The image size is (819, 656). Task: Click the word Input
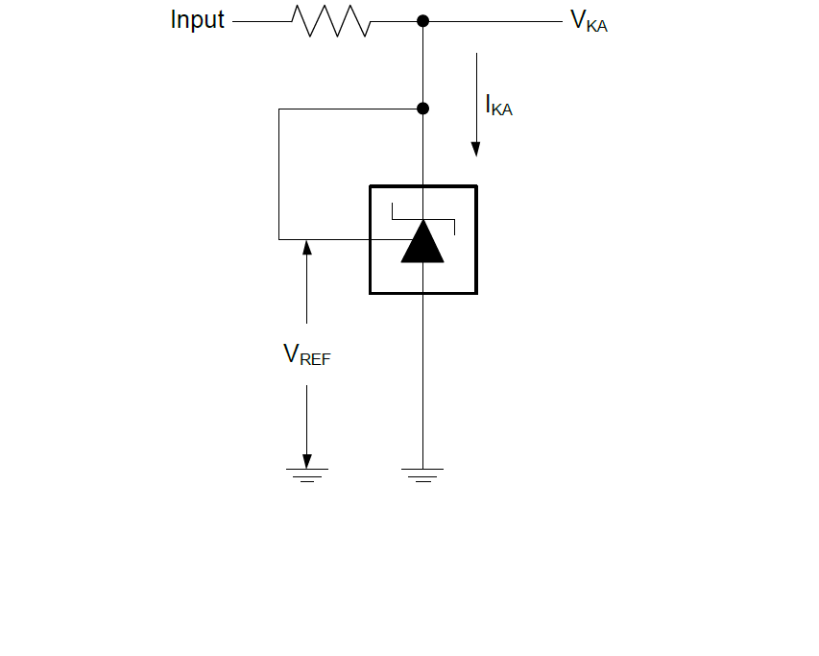pos(197,20)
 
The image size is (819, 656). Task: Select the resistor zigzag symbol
pos(331,21)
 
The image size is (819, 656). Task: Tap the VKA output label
pos(589,22)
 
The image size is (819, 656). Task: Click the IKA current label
pos(498,107)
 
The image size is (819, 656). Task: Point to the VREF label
pos(307,355)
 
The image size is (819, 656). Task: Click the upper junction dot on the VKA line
pos(422,21)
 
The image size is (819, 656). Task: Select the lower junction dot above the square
pos(422,109)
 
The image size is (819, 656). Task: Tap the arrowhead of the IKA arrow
pos(475,148)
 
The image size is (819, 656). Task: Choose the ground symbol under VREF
pos(307,474)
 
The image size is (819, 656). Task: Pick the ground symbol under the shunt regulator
pos(422,474)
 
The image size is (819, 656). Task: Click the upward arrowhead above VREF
pos(307,247)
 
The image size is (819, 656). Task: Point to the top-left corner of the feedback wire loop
pos(279,109)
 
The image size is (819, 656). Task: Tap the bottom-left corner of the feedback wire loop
pos(279,238)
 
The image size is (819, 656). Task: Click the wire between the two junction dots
pos(422,64)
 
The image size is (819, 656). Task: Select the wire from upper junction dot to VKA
pos(494,21)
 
